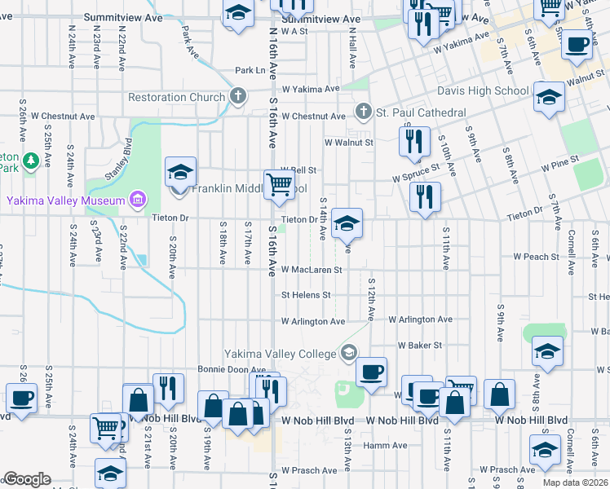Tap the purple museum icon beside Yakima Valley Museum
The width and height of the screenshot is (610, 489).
pyautogui.click(x=137, y=200)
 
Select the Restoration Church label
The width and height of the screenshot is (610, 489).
pyautogui.click(x=176, y=97)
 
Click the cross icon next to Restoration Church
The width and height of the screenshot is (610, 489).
pyautogui.click(x=238, y=97)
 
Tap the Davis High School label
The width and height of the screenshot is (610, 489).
pyautogui.click(x=483, y=90)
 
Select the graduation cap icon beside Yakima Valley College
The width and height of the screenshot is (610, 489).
pyautogui.click(x=349, y=352)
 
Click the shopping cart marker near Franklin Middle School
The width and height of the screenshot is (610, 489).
pyautogui.click(x=278, y=184)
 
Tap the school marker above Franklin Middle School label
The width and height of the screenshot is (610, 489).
pyautogui.click(x=180, y=172)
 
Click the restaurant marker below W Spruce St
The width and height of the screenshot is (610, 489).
pyautogui.click(x=425, y=196)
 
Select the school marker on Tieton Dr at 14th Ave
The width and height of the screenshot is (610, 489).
pyautogui.click(x=347, y=222)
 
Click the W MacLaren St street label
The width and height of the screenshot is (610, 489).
pyautogui.click(x=311, y=269)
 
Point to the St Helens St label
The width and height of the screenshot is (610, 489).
pyautogui.click(x=306, y=295)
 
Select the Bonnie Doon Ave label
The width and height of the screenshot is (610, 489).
pyautogui.click(x=227, y=369)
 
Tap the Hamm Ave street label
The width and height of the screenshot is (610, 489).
pyautogui.click(x=385, y=445)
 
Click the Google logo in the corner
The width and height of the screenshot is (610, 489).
pyautogui.click(x=27, y=479)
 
